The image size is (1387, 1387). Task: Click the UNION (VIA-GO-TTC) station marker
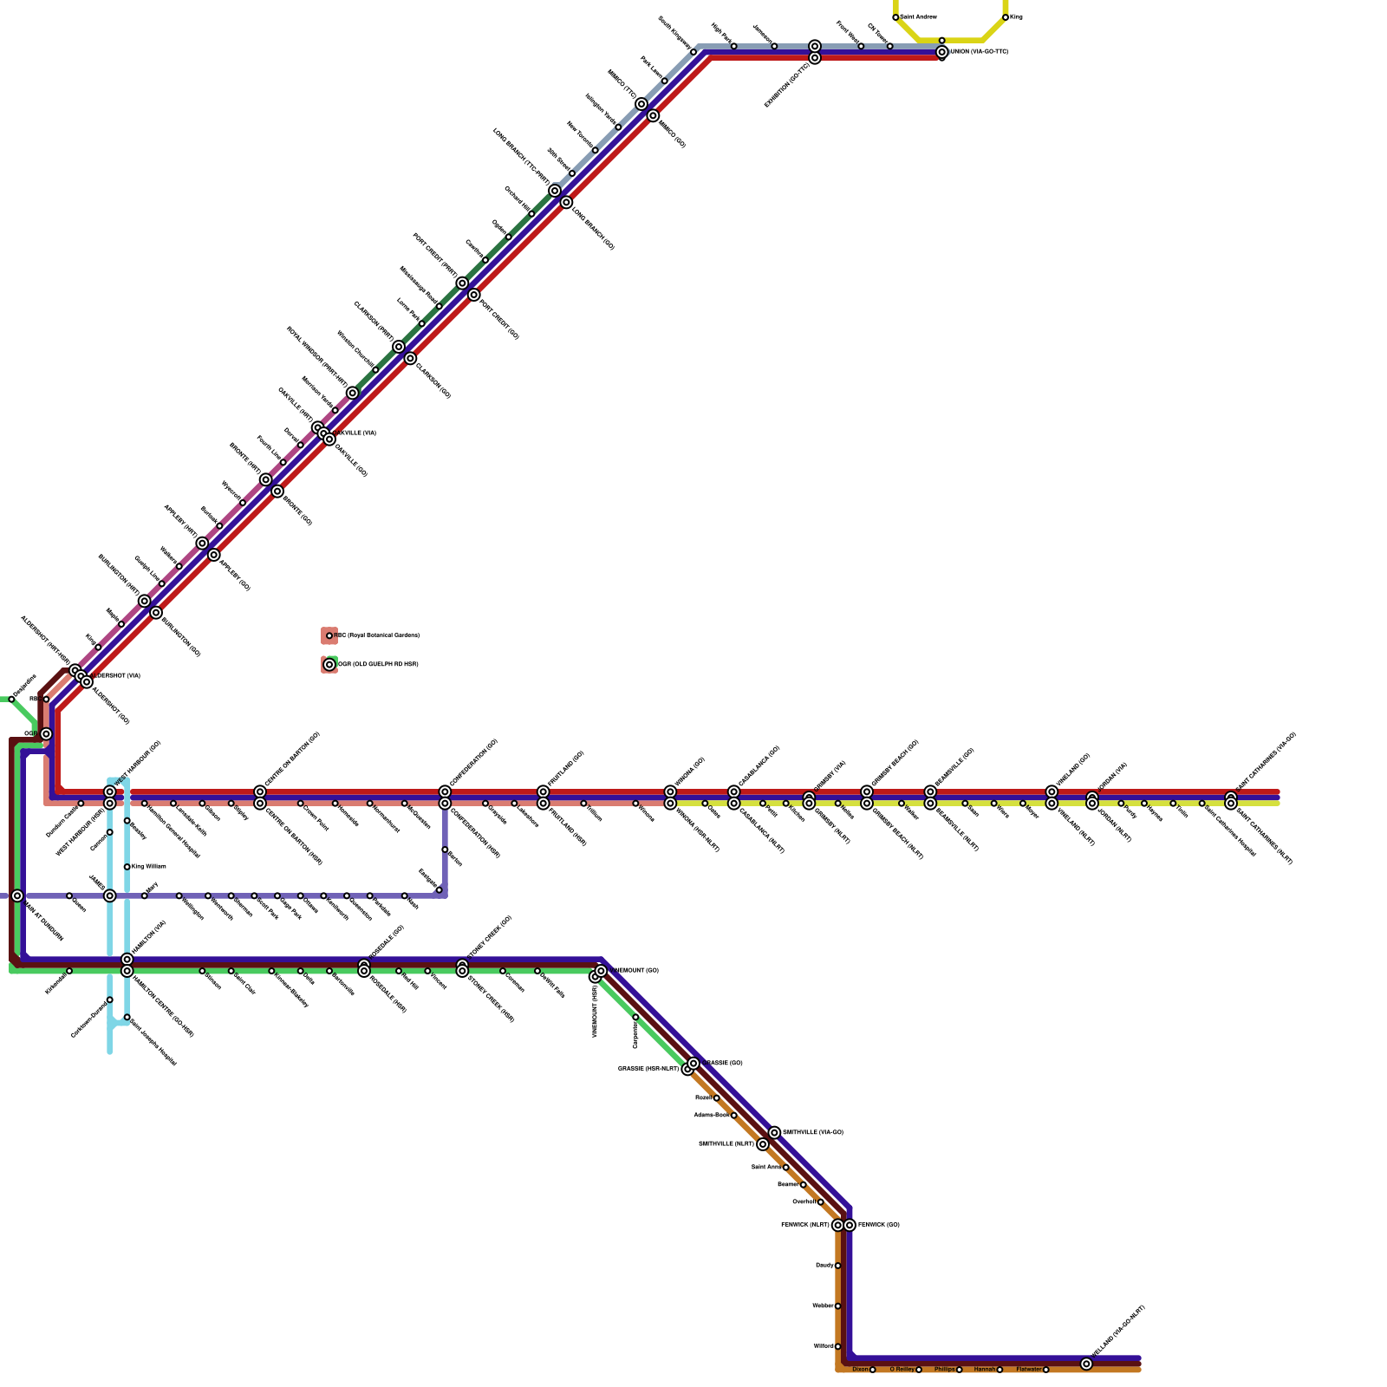click(941, 52)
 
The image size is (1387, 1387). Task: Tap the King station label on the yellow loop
click(1017, 17)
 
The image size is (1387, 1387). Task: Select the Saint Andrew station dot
click(895, 17)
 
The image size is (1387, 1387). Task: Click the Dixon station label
click(860, 1370)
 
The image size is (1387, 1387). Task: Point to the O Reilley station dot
click(919, 1370)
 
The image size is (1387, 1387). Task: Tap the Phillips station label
click(944, 1370)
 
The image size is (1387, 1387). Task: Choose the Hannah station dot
click(1000, 1370)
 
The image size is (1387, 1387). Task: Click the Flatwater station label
click(1028, 1370)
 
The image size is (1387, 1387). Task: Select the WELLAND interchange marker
click(1086, 1364)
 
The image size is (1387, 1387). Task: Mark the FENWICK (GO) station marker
click(850, 1225)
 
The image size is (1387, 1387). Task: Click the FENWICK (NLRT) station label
click(805, 1225)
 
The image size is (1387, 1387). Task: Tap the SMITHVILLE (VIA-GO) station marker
click(774, 1133)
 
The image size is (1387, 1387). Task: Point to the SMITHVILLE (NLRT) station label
click(726, 1144)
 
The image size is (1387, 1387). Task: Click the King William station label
click(148, 867)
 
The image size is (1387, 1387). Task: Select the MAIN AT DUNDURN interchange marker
click(17, 895)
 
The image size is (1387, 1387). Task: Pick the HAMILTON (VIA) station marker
click(127, 960)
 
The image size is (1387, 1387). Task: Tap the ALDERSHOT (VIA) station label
click(116, 675)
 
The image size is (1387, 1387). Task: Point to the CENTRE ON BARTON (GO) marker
click(260, 791)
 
